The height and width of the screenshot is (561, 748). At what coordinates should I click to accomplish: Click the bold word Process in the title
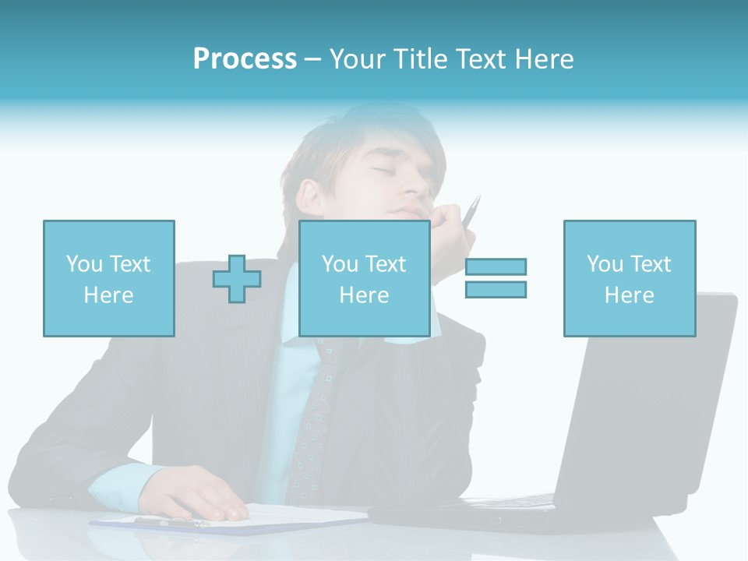pos(245,58)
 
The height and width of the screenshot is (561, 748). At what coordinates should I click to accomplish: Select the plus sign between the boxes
pos(237,278)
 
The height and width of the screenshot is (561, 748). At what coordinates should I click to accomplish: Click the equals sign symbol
pos(496,278)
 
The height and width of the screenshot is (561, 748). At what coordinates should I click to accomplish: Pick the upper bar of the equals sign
pos(496,266)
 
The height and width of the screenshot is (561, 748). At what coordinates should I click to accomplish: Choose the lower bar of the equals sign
pos(496,289)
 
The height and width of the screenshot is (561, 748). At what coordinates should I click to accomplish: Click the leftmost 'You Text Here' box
pos(108,278)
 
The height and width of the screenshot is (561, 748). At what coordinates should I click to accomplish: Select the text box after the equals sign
pos(629,278)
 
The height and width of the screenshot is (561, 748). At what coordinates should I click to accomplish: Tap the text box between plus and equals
pos(364,278)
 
